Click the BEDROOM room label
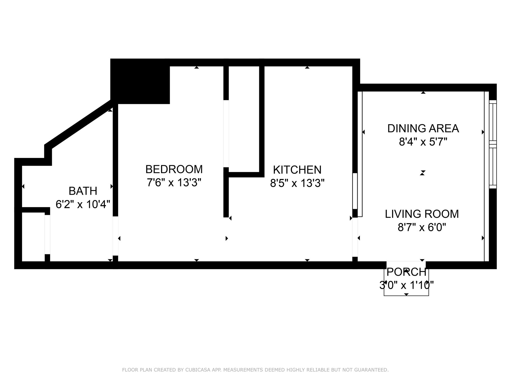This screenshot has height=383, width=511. [x=174, y=169]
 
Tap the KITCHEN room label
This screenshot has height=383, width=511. [x=297, y=170]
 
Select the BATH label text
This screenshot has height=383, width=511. [x=83, y=191]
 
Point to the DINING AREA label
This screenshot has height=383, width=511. [x=423, y=128]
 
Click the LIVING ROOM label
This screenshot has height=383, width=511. [x=422, y=214]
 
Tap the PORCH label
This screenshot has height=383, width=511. [x=406, y=272]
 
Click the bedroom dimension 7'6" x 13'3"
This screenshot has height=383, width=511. [x=174, y=183]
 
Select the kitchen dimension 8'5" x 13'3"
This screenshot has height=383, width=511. [x=297, y=183]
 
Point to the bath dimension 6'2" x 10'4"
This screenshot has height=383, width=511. [x=83, y=205]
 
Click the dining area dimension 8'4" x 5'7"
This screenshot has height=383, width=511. [x=423, y=142]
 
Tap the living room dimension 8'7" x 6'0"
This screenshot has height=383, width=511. [x=422, y=227]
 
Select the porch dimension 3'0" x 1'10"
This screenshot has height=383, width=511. [x=406, y=285]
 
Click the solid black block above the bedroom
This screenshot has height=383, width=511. [x=140, y=81]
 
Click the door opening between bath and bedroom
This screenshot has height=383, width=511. [x=115, y=236]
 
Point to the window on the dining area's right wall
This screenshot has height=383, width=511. [x=493, y=144]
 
